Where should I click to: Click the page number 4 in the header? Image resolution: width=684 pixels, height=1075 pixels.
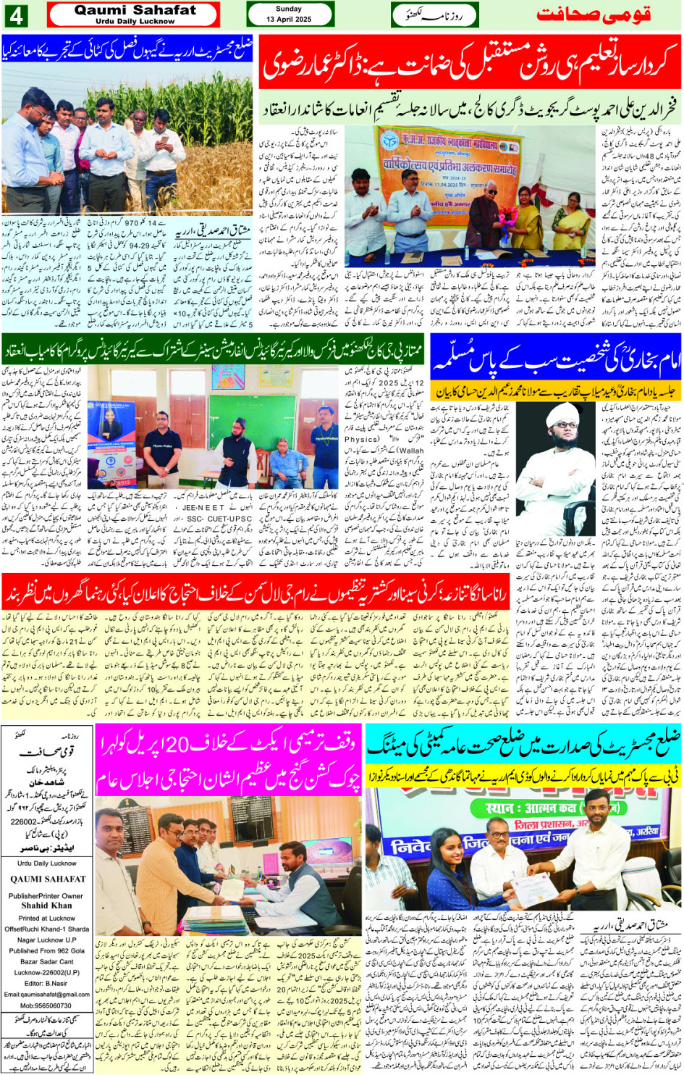click(x=16, y=15)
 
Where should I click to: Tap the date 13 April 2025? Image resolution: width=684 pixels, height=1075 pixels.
click(x=289, y=20)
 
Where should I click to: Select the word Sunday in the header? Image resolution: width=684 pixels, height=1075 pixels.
click(x=289, y=9)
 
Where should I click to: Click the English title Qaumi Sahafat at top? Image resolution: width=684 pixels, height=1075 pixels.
click(x=135, y=10)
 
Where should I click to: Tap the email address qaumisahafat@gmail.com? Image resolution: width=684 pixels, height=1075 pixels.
click(x=46, y=995)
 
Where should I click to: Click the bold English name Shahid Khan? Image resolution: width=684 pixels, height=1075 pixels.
click(x=46, y=905)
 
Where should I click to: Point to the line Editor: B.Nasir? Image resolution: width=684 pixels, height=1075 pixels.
click(x=46, y=983)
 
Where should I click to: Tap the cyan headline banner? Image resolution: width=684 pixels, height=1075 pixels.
click(x=523, y=745)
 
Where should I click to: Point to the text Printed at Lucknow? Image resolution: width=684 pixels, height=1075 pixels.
click(x=47, y=918)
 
